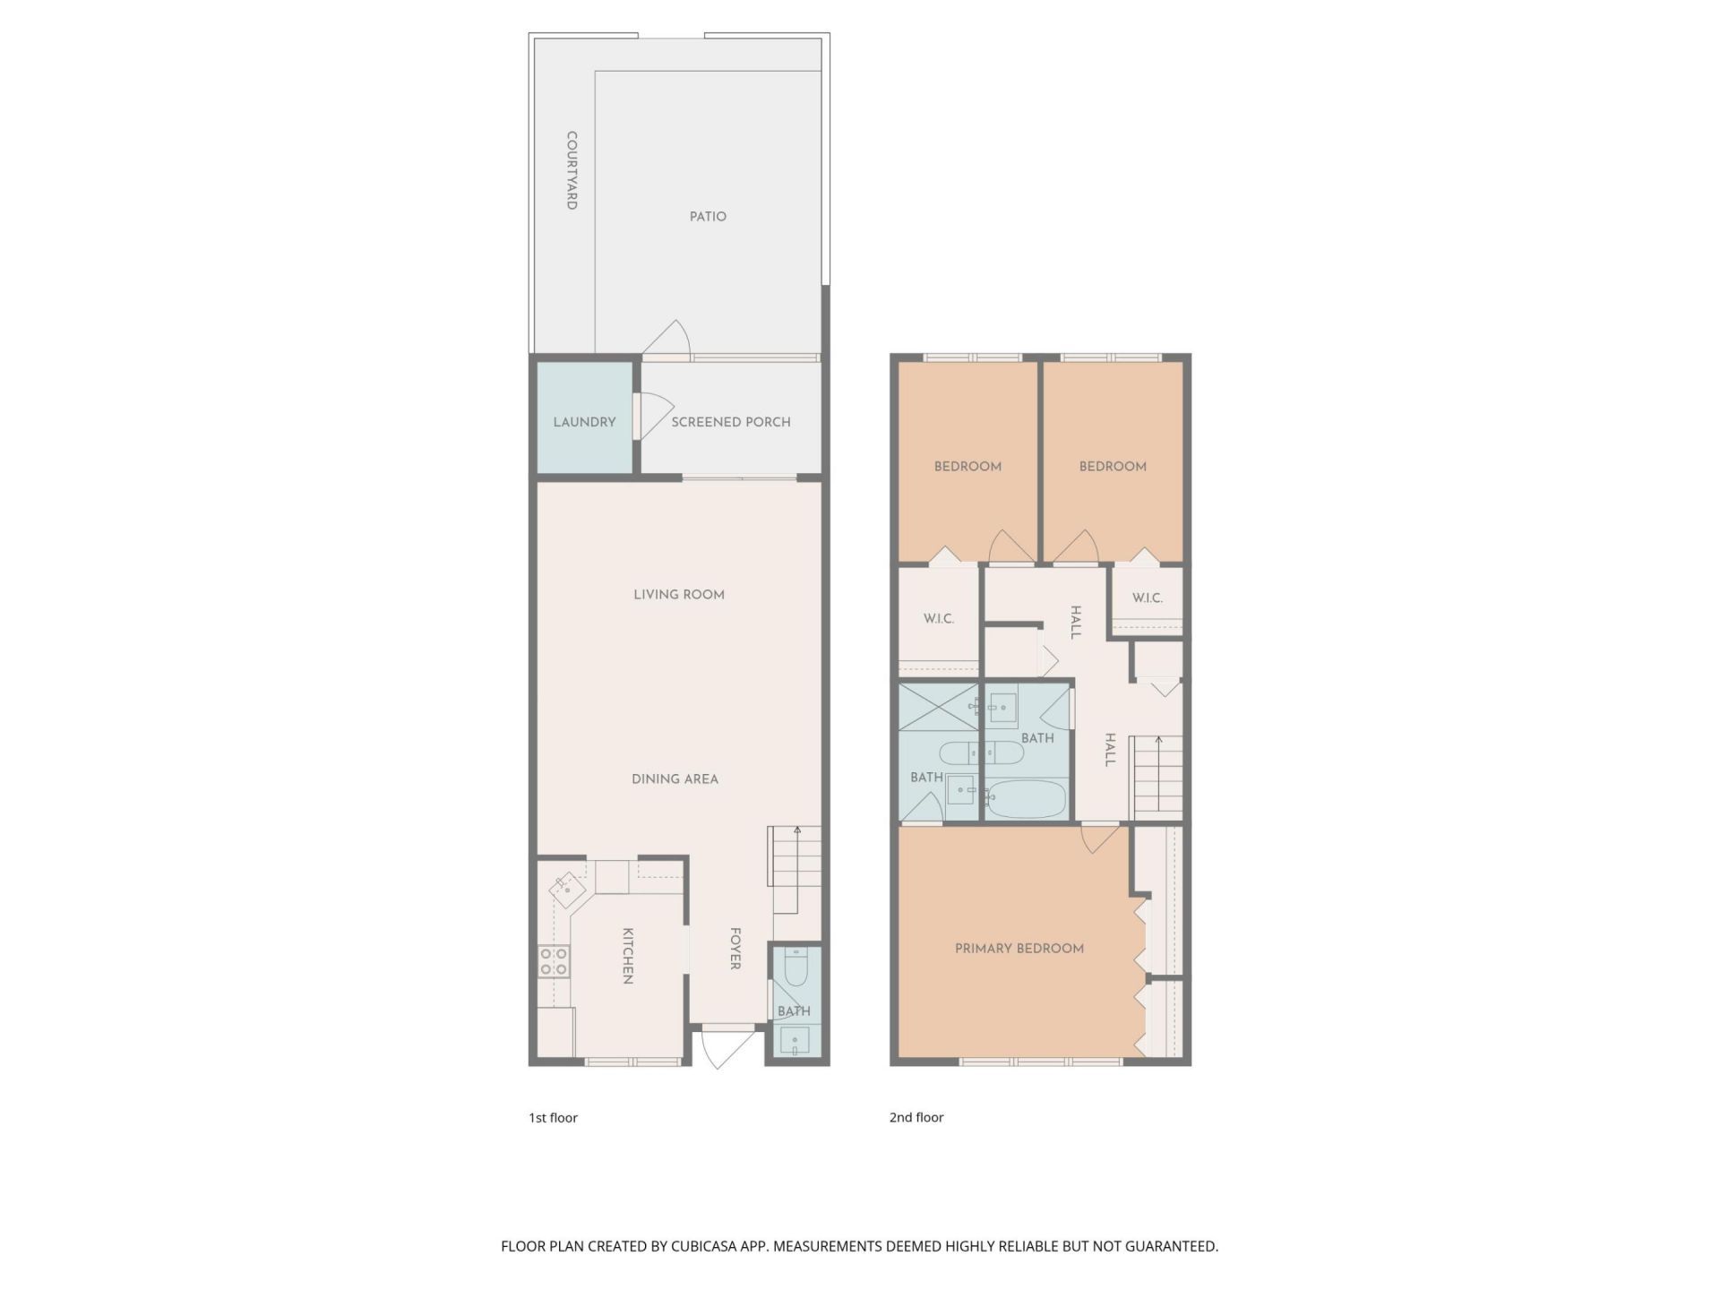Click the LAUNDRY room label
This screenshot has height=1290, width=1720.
584,422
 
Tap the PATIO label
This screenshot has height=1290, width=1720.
708,217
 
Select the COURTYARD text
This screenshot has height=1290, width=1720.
572,170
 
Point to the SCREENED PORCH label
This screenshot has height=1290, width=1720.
731,422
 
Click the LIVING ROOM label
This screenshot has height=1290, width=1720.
679,595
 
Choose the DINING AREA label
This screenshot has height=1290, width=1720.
675,779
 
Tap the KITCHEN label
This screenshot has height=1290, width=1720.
628,956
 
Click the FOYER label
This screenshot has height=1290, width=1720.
735,949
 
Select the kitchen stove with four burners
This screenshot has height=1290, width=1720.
554,962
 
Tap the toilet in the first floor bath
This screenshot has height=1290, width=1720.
795,966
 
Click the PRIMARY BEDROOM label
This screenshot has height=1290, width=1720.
1019,949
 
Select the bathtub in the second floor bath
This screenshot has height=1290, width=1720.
1027,797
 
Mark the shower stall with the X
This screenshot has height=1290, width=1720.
939,708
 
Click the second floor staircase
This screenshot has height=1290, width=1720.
1157,775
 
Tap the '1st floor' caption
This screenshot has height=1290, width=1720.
553,1118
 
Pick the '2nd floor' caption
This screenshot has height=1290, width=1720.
916,1118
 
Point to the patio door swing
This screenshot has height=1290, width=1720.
668,339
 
